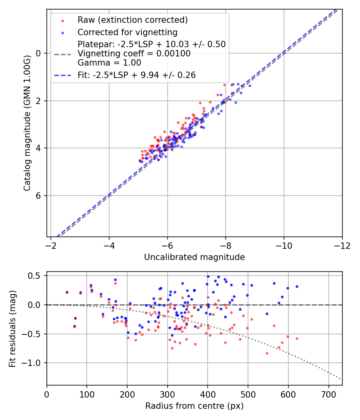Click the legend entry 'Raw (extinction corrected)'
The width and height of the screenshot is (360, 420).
coord(132,20)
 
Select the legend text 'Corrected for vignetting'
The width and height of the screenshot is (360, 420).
coord(128,32)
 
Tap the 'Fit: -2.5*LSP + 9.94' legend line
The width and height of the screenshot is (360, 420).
coord(63,75)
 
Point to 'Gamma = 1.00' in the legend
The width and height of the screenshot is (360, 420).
coord(109,63)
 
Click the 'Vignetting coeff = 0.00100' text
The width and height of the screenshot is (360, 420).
coord(134,54)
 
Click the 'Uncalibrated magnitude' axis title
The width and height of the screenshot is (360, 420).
coord(194,257)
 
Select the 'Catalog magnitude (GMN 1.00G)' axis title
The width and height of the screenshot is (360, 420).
coord(27,123)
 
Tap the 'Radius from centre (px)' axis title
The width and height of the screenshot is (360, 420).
coord(194,406)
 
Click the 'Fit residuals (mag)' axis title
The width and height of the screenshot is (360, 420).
coord(12,329)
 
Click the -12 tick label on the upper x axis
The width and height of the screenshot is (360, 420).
coord(342,246)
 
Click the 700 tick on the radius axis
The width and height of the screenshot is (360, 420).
coord(329,395)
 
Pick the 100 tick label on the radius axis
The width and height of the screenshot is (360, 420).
coord(87,395)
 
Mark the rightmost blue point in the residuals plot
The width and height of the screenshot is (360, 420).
coord(297,287)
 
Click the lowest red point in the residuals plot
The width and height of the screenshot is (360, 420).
coord(267,354)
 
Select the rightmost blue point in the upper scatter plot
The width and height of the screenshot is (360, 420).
coord(250,86)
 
